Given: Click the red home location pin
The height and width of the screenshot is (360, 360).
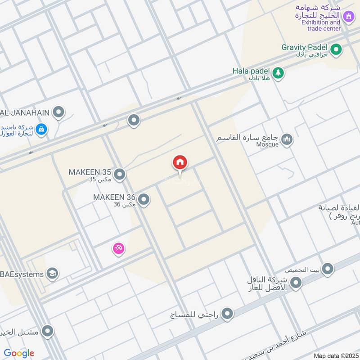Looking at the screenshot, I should [x=180, y=163].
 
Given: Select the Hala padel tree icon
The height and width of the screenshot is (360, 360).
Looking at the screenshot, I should [x=278, y=73].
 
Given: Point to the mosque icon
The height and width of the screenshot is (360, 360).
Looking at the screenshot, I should [x=287, y=140].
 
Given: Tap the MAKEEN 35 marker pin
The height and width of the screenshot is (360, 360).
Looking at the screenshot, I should [x=119, y=174].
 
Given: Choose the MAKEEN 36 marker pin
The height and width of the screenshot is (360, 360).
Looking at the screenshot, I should [x=144, y=199].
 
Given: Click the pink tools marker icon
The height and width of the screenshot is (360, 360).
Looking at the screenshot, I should [x=118, y=248].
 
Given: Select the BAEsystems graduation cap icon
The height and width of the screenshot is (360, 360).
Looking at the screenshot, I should [x=52, y=274].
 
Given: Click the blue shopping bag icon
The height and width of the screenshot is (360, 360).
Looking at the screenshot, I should [x=41, y=130].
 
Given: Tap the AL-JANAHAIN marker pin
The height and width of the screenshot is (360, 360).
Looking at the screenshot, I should [x=58, y=112].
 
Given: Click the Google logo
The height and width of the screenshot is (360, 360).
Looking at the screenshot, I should [x=19, y=353].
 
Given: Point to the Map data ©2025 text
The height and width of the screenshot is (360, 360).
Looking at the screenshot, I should [x=335, y=355].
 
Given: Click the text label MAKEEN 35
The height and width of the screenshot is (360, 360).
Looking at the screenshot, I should [x=90, y=172].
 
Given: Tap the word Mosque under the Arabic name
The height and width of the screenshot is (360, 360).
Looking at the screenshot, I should [x=268, y=145].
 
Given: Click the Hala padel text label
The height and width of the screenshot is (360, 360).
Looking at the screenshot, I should [x=251, y=71].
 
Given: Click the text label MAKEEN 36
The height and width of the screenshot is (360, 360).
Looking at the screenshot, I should [x=114, y=197].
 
